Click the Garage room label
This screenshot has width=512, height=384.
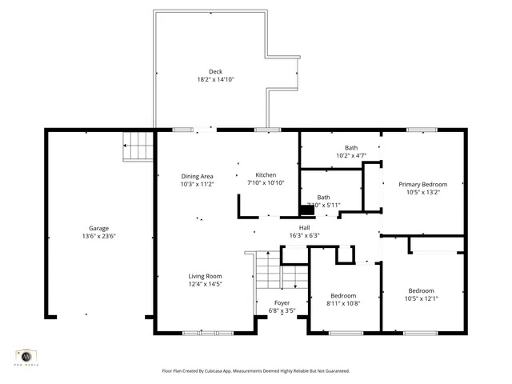tap(98, 228)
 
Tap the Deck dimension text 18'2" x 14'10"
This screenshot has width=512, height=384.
tap(215, 79)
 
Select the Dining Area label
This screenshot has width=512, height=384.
tap(196, 176)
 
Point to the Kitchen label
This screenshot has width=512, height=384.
tap(266, 175)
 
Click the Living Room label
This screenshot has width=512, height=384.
tap(205, 276)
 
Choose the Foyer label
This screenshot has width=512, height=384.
tap(282, 302)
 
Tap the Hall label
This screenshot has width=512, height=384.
tap(304, 227)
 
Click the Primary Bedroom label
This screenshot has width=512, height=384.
tap(422, 184)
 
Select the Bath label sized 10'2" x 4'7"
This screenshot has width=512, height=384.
tap(351, 147)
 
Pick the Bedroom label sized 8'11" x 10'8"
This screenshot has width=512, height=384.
tap(344, 294)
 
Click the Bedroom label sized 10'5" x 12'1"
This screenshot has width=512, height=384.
tap(422, 290)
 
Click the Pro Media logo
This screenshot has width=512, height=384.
tap(26, 357)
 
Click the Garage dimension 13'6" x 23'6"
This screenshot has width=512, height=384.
tap(98, 236)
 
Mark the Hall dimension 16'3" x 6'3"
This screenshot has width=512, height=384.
tap(304, 235)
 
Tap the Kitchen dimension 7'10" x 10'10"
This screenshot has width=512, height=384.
tap(266, 183)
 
